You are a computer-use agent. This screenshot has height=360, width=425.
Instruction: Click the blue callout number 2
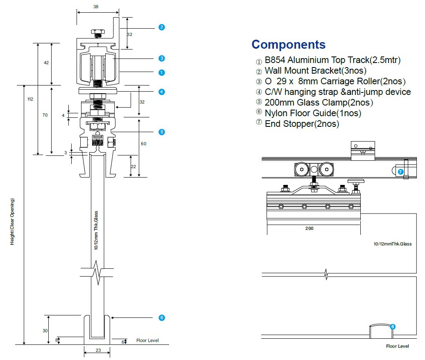click(x=162, y=27)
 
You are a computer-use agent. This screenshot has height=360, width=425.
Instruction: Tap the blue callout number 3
click(x=162, y=58)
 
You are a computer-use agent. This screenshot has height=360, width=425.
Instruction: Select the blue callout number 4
click(x=162, y=92)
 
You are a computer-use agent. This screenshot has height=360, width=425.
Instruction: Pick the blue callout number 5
click(x=162, y=132)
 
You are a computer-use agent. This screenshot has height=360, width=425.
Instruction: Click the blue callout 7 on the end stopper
click(x=400, y=172)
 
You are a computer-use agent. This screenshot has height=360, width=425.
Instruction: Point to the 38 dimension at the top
click(x=96, y=7)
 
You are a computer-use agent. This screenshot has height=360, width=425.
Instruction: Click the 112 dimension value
click(x=30, y=99)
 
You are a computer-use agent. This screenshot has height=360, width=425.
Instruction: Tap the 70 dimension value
click(x=45, y=115)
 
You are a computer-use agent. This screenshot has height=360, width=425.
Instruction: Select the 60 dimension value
click(x=143, y=144)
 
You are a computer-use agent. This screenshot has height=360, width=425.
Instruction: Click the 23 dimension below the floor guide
click(x=98, y=350)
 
